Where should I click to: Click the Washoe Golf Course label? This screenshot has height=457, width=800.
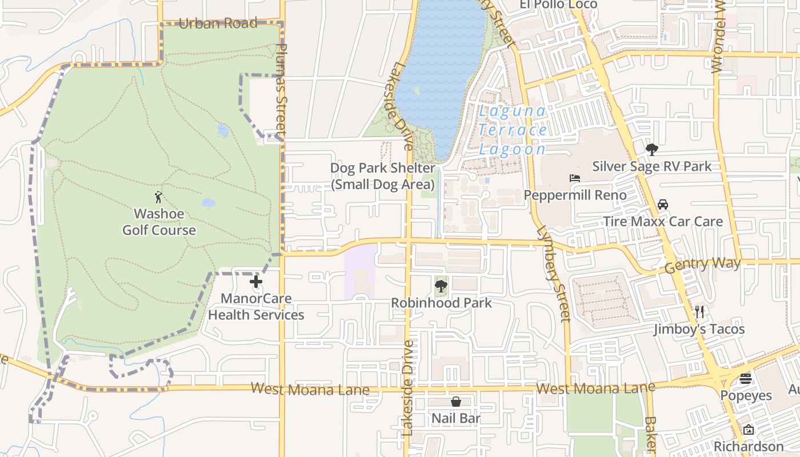pyautogui.click(x=159, y=222)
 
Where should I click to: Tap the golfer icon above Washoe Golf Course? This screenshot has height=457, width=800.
pyautogui.click(x=158, y=198)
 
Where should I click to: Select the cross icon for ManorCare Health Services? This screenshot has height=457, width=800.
pyautogui.click(x=256, y=282)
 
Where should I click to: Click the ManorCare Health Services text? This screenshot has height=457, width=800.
pyautogui.click(x=256, y=307)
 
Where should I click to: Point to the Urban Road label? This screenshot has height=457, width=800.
pyautogui.click(x=218, y=23)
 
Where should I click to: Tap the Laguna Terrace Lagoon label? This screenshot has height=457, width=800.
pyautogui.click(x=513, y=130)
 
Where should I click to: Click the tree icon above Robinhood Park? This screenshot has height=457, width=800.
pyautogui.click(x=441, y=286)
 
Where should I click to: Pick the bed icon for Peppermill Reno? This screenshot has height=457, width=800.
pyautogui.click(x=575, y=178)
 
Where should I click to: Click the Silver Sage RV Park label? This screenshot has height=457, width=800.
pyautogui.click(x=651, y=166)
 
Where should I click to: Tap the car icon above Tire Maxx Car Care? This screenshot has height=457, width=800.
pyautogui.click(x=663, y=205)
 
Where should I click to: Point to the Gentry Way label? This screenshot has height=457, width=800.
pyautogui.click(x=703, y=264)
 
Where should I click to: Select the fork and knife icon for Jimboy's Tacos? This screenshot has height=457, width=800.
pyautogui.click(x=699, y=312)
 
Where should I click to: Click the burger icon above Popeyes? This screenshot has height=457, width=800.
pyautogui.click(x=746, y=379)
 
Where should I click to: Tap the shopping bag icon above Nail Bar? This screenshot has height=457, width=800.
pyautogui.click(x=456, y=402)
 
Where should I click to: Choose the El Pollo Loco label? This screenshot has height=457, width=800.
pyautogui.click(x=558, y=5)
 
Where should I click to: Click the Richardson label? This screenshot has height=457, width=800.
pyautogui.click(x=748, y=446)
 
